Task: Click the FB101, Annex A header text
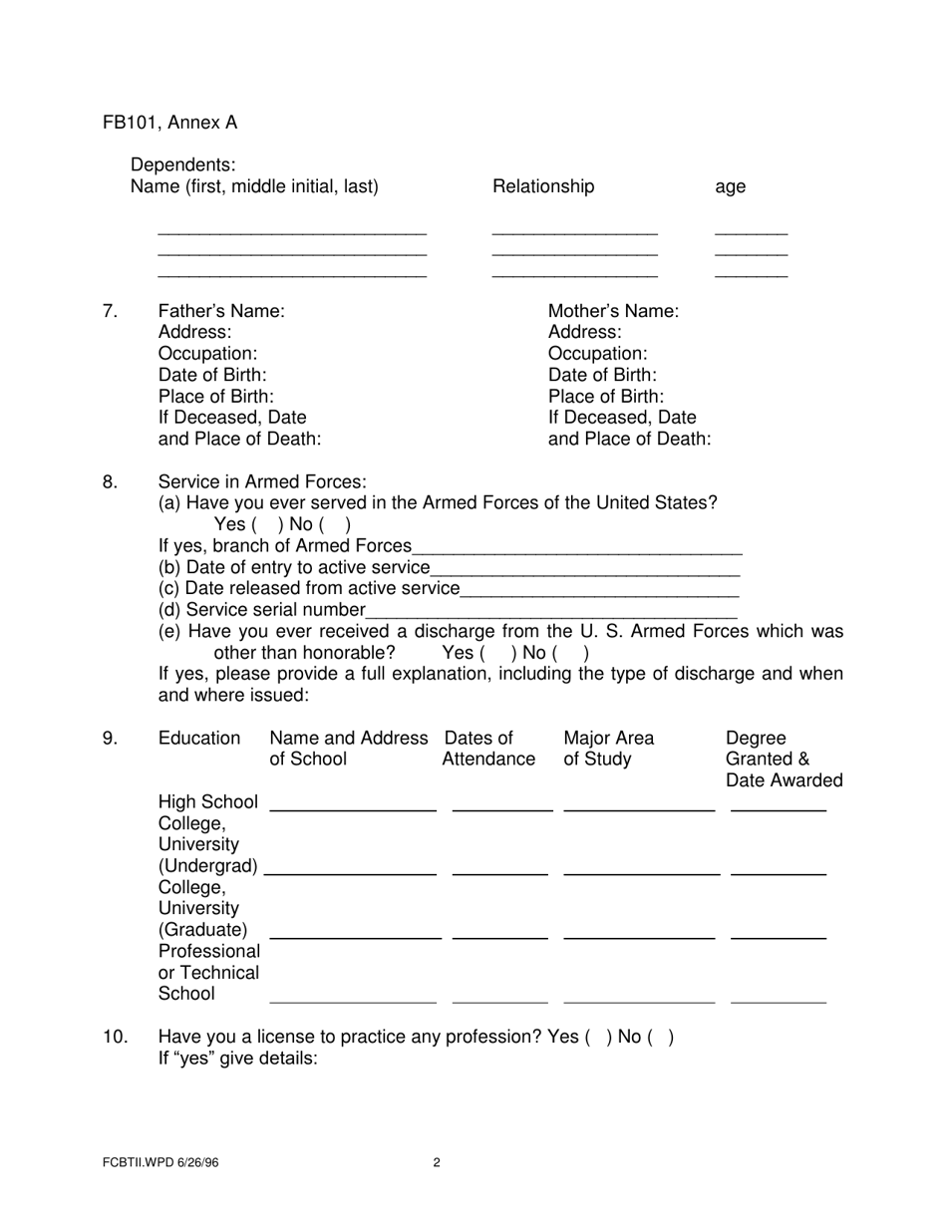coord(169,123)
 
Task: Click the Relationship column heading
coord(543,186)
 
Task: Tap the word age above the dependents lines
coord(730,187)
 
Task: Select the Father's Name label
coord(221,311)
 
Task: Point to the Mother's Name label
coord(613,311)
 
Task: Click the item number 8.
coord(111,482)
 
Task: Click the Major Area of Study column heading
coord(608,749)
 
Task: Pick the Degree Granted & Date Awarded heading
coord(784,759)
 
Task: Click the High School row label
coord(207,802)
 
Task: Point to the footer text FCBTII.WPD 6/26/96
coord(159,1162)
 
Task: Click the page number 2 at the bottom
coord(437,1162)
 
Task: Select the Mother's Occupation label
coord(598,354)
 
